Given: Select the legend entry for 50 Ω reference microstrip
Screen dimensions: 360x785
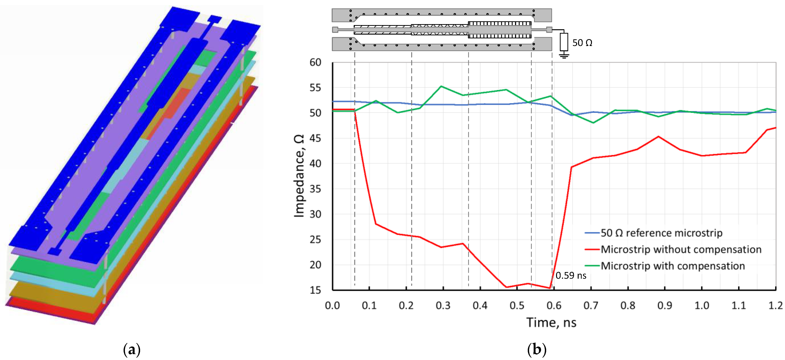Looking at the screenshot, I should pyautogui.click(x=661, y=233).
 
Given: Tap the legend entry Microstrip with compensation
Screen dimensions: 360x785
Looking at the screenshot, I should pyautogui.click(x=673, y=266).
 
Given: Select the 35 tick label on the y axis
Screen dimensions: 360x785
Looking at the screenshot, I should pyautogui.click(x=315, y=189).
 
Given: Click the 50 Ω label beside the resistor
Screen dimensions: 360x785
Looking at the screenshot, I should pyautogui.click(x=582, y=43).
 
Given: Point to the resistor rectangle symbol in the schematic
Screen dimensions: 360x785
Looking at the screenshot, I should pyautogui.click(x=564, y=42).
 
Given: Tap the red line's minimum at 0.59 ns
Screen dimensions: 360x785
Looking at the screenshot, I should pyautogui.click(x=550, y=288).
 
